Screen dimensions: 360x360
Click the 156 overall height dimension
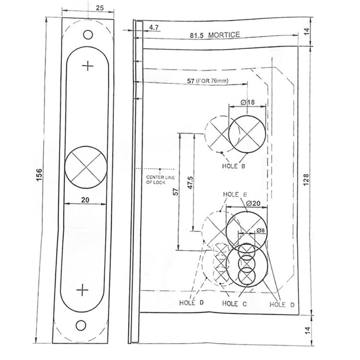click(39, 175)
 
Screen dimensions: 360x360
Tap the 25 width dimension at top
click(100, 8)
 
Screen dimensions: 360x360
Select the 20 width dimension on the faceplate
click(85, 200)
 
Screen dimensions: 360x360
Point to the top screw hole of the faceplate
click(88, 35)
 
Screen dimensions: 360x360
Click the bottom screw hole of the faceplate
click(81, 325)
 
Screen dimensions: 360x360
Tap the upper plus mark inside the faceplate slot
click(88, 66)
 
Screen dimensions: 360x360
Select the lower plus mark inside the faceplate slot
click(82, 290)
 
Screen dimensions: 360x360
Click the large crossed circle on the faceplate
click(86, 167)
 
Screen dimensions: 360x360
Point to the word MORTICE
click(224, 35)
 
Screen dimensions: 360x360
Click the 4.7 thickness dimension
click(154, 28)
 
